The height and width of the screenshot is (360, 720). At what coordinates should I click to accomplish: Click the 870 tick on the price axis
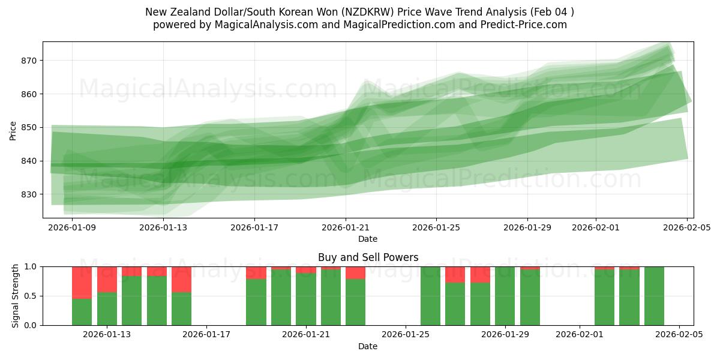tap(29, 61)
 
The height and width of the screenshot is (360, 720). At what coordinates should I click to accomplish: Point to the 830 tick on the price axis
tap(29, 194)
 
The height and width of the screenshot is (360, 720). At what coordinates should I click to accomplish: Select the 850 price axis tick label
tap(29, 128)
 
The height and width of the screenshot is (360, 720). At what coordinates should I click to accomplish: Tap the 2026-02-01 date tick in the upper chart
tap(596, 227)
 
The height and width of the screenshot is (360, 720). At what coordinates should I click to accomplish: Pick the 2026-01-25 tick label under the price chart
tap(436, 227)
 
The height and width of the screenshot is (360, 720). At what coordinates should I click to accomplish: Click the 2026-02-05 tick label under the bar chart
tap(679, 335)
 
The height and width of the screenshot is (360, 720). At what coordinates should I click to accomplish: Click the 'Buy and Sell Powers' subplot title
tap(368, 257)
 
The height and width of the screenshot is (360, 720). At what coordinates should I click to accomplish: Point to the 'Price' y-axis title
tap(13, 130)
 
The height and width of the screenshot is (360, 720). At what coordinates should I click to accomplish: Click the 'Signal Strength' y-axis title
tap(16, 296)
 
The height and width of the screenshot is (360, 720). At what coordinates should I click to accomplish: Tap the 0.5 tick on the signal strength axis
tap(30, 296)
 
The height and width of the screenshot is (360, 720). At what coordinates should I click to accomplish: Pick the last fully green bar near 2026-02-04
tap(654, 296)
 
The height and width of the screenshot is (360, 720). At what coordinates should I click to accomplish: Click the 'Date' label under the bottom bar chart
tap(368, 346)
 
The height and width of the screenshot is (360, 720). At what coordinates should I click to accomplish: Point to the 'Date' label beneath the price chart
tap(368, 239)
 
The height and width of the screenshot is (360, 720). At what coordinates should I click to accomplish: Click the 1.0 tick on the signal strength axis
tap(30, 267)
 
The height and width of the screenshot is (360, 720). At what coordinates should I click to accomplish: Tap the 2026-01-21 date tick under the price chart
tap(346, 227)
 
